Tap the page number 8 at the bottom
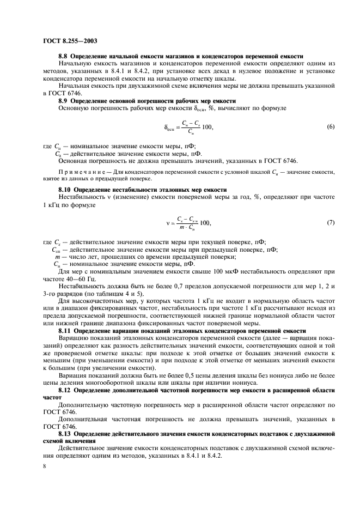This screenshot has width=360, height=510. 44,467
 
